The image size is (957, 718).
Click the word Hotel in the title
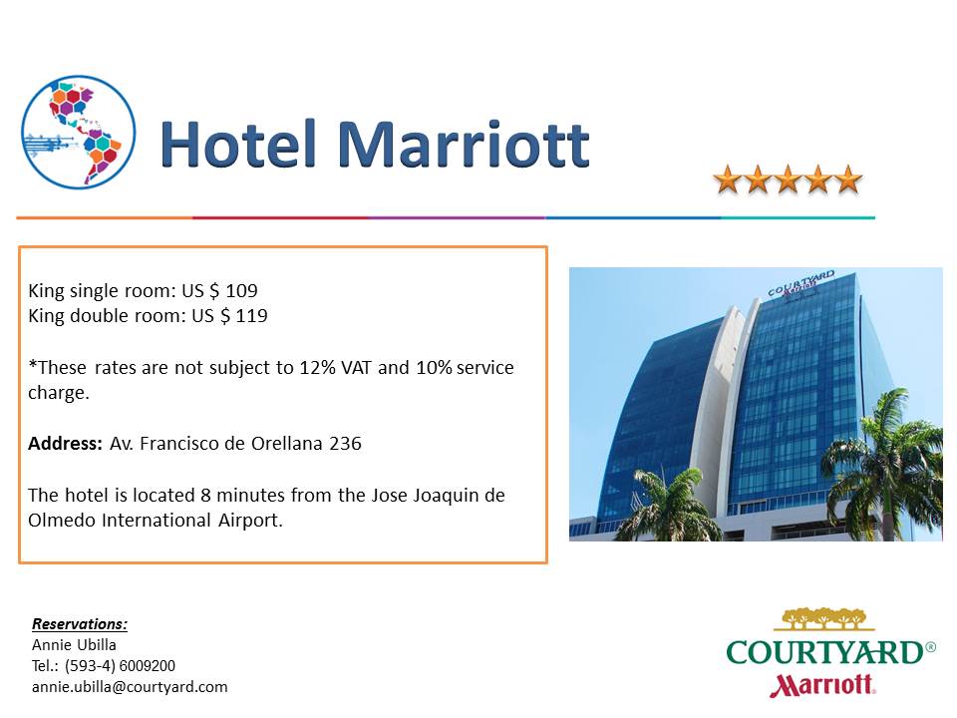click(238, 144)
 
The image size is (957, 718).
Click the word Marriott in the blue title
click(464, 144)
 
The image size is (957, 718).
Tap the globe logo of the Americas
click(78, 132)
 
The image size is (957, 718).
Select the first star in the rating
click(728, 179)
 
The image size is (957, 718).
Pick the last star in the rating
click(847, 179)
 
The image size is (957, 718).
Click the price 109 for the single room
click(241, 290)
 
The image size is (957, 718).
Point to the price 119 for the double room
click(252, 316)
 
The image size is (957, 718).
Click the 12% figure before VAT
click(317, 368)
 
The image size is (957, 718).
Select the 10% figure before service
click(434, 368)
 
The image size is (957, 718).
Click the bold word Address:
click(66, 443)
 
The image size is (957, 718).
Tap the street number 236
click(346, 443)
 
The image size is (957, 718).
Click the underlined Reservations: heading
click(80, 624)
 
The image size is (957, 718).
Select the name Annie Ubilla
click(74, 645)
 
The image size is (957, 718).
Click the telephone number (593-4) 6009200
click(121, 665)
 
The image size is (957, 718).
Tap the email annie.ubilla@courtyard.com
click(130, 687)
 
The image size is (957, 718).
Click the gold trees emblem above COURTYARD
click(824, 618)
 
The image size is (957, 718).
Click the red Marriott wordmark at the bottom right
click(822, 685)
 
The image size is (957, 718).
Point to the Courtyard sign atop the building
click(800, 284)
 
